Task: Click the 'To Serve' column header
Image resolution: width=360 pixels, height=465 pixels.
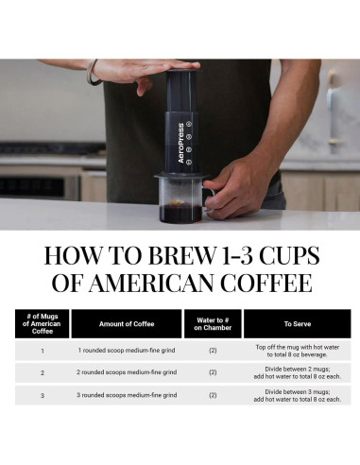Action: (x=296, y=324)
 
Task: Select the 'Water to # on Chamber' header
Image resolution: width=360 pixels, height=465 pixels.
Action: (x=213, y=324)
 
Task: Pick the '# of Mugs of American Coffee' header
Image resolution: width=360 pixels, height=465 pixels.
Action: (x=42, y=324)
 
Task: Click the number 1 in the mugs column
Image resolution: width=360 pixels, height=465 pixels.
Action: (x=42, y=351)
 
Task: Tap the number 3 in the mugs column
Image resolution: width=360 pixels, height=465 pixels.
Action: (x=42, y=394)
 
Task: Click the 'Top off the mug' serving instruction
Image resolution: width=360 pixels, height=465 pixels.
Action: (x=296, y=351)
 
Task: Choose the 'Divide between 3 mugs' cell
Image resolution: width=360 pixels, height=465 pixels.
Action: (x=296, y=394)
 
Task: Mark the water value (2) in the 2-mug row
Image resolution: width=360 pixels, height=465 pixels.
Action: (x=213, y=372)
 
